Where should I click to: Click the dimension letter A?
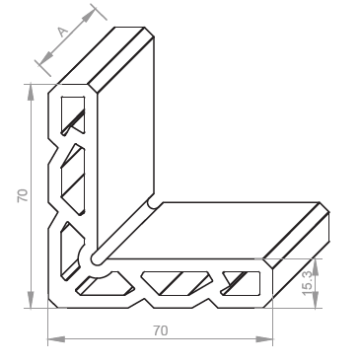pos(63,32)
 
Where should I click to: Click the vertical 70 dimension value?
pos(23,195)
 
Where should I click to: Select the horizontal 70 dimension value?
pos(161,330)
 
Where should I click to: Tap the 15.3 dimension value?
pos(308,283)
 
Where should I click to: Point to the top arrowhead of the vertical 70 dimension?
pos(31,92)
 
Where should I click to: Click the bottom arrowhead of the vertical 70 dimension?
pos(31,300)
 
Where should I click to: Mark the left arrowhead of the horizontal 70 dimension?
pos(56,339)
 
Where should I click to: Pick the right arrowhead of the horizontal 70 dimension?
pos(264,339)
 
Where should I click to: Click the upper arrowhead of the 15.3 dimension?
pos(316,266)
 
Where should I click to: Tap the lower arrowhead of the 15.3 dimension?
pos(316,300)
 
